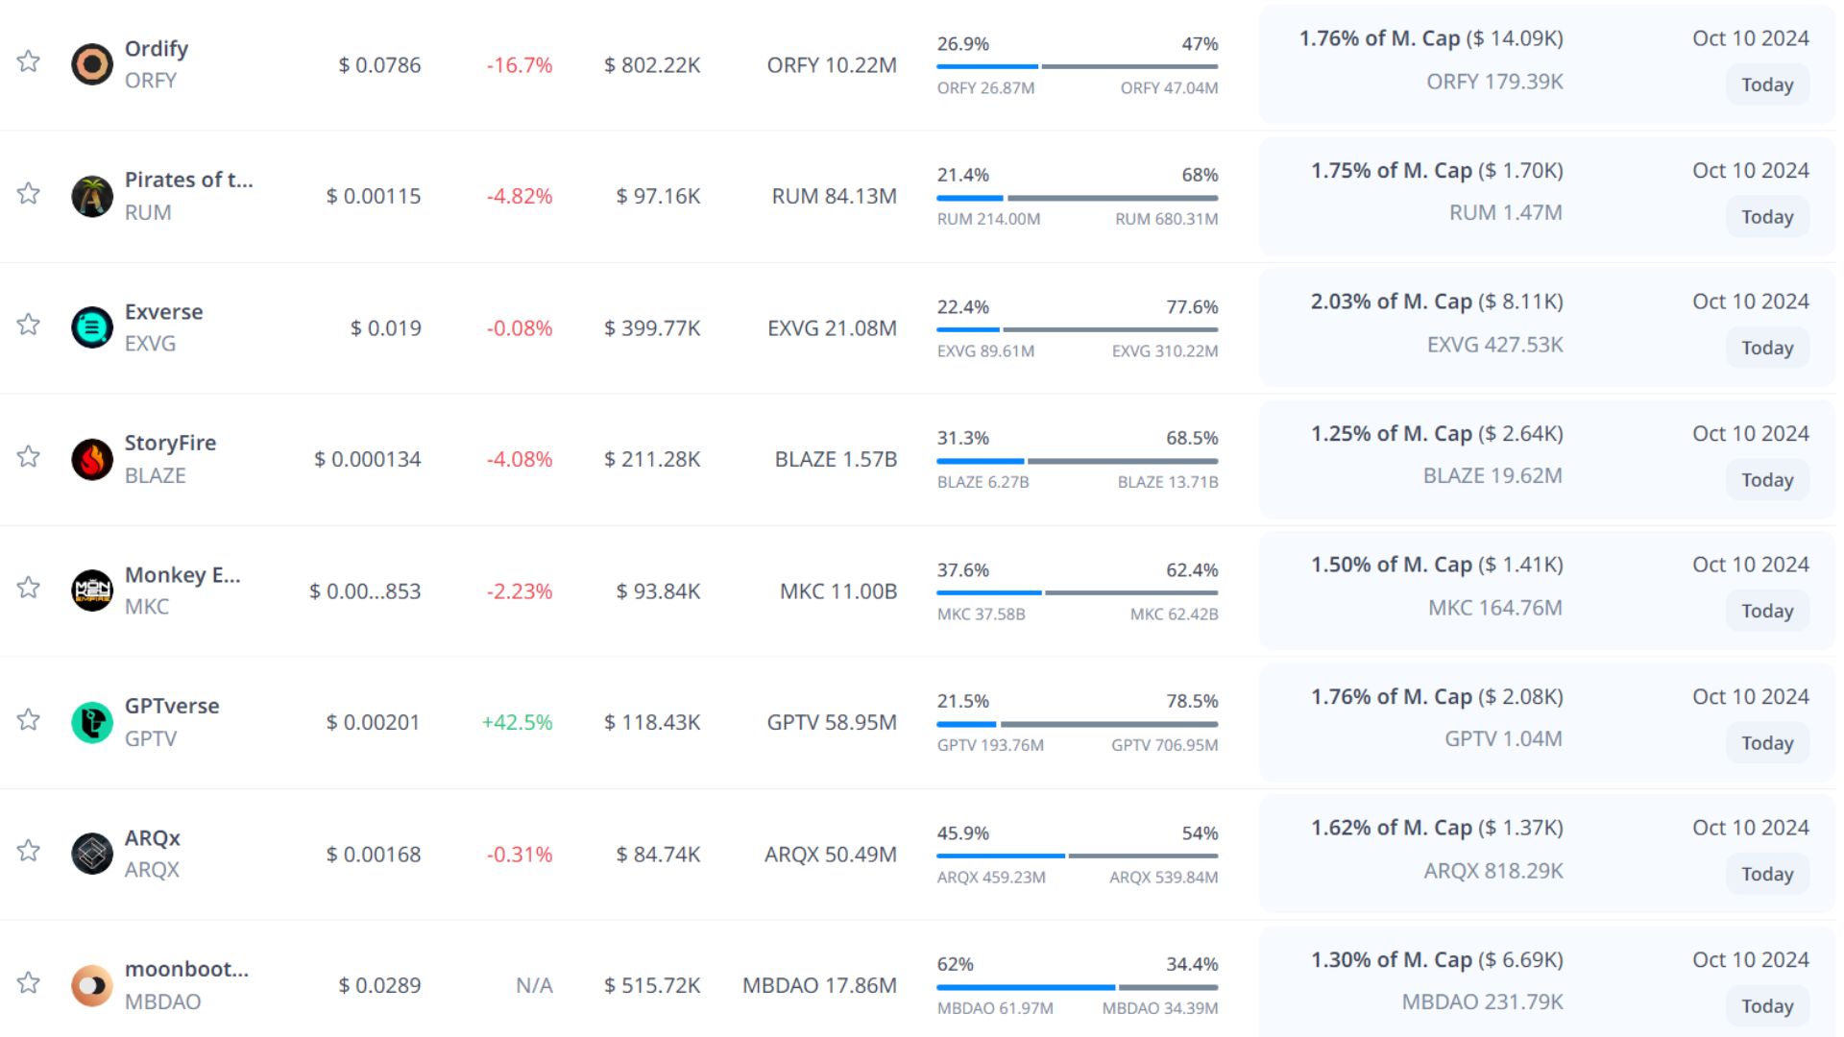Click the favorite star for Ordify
click(x=29, y=61)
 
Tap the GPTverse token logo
click(x=92, y=722)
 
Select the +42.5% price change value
click(x=517, y=722)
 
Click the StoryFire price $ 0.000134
click(x=368, y=459)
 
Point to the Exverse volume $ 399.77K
click(x=652, y=328)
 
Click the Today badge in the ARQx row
click(x=1767, y=874)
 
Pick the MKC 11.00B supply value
click(x=838, y=591)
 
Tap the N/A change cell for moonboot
click(x=534, y=985)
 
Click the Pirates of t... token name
click(x=189, y=180)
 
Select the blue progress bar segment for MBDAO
click(x=1026, y=987)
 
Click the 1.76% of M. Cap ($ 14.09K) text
click(x=1431, y=38)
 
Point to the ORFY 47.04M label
click(x=1169, y=88)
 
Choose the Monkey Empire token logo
click(x=92, y=591)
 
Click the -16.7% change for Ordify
click(x=520, y=65)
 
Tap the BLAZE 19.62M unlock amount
click(x=1492, y=475)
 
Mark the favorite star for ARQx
click(x=29, y=851)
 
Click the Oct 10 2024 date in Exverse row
click(x=1750, y=301)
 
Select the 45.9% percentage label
click(x=963, y=833)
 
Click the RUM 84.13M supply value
click(x=834, y=196)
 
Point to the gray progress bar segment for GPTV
click(x=1109, y=724)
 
